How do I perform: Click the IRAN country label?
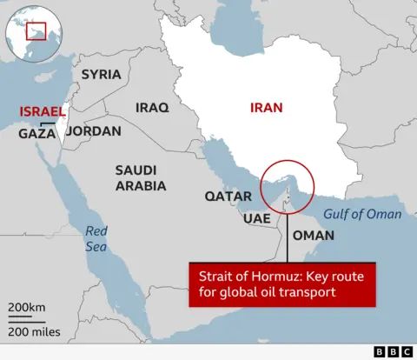click(x=266, y=109)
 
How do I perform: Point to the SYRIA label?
click(x=101, y=74)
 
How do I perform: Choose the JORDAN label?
click(x=93, y=131)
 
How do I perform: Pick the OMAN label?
click(x=314, y=235)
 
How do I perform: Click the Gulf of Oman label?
click(x=362, y=214)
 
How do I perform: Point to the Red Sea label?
click(x=96, y=238)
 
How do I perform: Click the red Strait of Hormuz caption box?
click(x=281, y=283)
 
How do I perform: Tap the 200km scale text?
click(x=27, y=309)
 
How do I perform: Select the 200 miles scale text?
click(x=34, y=331)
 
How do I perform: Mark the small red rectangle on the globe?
click(x=36, y=31)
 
